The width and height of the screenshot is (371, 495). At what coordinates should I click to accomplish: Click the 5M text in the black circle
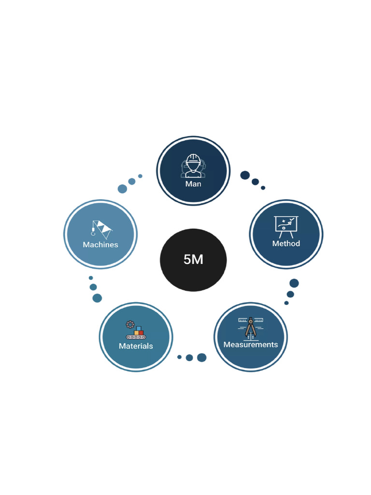click(193, 260)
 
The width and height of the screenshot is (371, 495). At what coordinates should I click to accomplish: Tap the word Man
click(193, 184)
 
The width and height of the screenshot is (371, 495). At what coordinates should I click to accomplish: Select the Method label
click(286, 244)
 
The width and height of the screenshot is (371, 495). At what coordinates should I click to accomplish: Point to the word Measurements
click(250, 345)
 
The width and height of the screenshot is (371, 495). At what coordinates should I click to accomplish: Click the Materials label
click(136, 346)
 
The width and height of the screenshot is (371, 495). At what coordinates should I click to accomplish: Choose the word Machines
click(100, 245)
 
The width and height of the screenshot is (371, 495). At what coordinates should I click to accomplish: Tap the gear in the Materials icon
click(129, 324)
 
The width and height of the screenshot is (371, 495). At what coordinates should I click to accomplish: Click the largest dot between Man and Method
click(245, 175)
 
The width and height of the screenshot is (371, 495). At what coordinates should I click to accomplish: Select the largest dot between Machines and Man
click(122, 189)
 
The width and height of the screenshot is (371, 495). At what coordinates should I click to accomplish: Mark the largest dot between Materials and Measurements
click(202, 358)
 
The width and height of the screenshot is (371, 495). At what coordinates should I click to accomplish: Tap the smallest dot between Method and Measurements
click(286, 303)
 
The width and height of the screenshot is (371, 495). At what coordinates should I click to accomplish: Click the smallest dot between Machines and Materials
click(91, 278)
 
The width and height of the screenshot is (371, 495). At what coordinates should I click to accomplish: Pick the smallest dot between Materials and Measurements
click(179, 357)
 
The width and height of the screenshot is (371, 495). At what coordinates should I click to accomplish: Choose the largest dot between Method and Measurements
click(294, 283)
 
